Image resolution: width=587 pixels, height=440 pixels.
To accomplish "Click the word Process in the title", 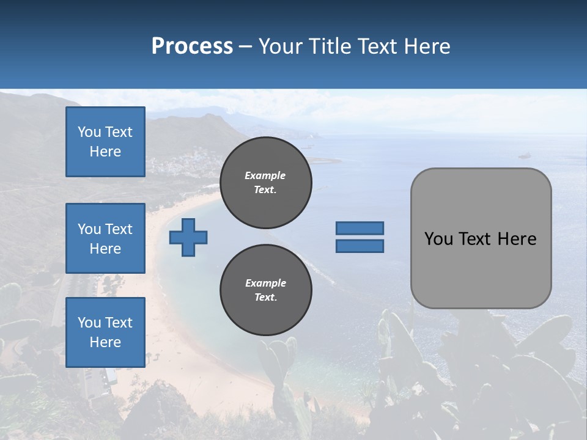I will [x=192, y=46].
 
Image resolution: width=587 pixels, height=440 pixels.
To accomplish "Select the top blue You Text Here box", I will [x=105, y=142].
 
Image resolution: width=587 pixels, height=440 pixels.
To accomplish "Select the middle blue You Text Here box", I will [x=105, y=238].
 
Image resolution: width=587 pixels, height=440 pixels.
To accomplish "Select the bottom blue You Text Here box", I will [x=105, y=332].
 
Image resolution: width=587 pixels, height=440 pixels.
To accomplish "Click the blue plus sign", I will [x=188, y=237].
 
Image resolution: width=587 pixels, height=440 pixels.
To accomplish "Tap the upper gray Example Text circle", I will [x=265, y=183].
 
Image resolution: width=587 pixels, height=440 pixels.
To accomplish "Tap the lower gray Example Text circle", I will [x=265, y=290].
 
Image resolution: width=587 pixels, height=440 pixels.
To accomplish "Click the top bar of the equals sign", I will [x=360, y=228].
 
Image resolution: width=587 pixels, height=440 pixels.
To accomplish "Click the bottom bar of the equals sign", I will [x=360, y=246].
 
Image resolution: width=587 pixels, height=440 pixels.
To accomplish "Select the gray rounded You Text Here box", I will [x=481, y=238].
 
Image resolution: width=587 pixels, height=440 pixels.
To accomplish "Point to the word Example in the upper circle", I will [x=265, y=175].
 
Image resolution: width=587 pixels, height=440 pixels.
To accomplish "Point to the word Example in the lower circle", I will [x=265, y=283].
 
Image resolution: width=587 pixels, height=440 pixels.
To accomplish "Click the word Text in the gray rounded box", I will [x=476, y=239].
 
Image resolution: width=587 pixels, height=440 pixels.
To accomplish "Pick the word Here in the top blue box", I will [x=105, y=152].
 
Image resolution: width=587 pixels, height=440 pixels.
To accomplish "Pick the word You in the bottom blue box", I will [x=89, y=323].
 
